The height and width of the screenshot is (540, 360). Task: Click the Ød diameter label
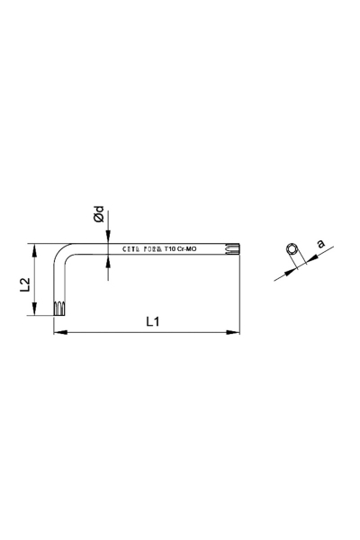click(100, 216)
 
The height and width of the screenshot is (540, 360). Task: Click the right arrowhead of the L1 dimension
click(238, 333)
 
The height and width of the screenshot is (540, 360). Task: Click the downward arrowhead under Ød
click(108, 239)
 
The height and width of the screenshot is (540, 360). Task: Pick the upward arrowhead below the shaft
click(108, 263)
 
